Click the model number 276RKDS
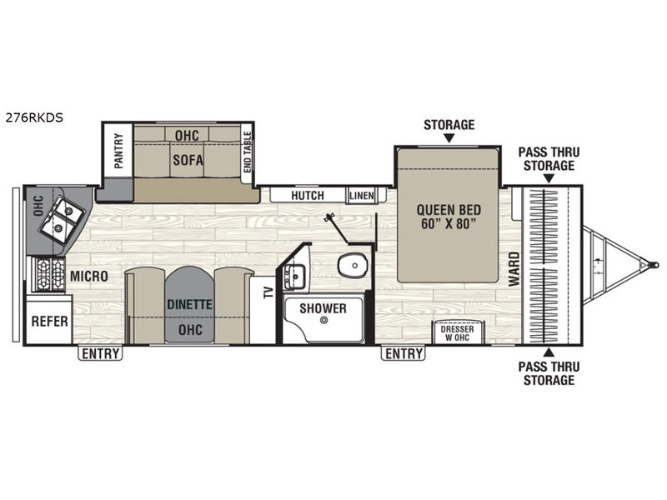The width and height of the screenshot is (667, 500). click(x=34, y=117)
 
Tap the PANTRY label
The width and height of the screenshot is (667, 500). click(x=118, y=151)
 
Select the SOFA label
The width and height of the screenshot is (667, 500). click(x=188, y=160)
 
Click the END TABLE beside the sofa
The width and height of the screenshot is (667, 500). click(x=247, y=152)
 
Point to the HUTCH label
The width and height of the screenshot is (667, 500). click(x=308, y=195)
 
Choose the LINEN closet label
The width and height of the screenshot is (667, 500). click(x=362, y=196)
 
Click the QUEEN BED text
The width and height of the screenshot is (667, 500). click(x=449, y=210)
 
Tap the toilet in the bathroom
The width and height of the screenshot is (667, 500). click(x=353, y=265)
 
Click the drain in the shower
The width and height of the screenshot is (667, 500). click(x=324, y=321)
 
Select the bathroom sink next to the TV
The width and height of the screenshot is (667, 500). click(x=294, y=277)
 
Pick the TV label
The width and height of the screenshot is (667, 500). click(x=268, y=292)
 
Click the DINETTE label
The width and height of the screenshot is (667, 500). click(x=190, y=304)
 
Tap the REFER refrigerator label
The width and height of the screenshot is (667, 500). click(x=50, y=322)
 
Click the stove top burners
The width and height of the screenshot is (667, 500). click(x=46, y=275)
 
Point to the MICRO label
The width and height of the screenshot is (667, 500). click(x=89, y=276)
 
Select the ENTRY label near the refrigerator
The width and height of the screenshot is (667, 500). click(x=100, y=353)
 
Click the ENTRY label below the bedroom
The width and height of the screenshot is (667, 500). click(x=404, y=353)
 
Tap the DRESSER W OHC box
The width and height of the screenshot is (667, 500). click(x=458, y=332)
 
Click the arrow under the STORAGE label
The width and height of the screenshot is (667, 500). click(x=449, y=137)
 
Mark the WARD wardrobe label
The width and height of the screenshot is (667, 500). click(x=514, y=269)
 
